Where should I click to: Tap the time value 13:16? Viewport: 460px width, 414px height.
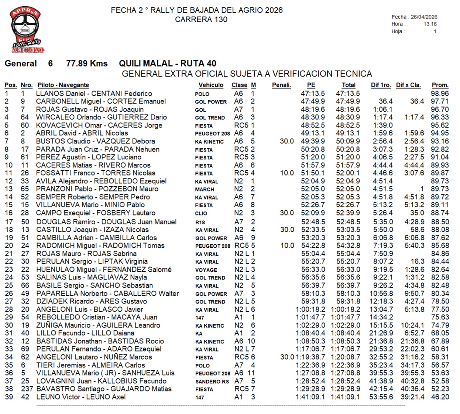pyautogui.click(x=430, y=24)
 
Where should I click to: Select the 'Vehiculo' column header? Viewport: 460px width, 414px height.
pyautogui.click(x=211, y=85)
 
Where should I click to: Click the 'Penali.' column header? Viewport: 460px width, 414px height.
pyautogui.click(x=281, y=85)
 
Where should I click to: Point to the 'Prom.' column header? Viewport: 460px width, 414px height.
pyautogui.click(x=440, y=85)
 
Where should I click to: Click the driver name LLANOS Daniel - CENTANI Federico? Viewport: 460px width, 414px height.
pyautogui.click(x=94, y=94)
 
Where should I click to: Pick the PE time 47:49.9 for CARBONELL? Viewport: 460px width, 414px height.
pyautogui.click(x=313, y=101)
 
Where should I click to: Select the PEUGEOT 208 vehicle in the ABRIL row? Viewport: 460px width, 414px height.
pyautogui.click(x=212, y=133)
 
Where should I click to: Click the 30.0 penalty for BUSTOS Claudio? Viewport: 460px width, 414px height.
pyautogui.click(x=287, y=141)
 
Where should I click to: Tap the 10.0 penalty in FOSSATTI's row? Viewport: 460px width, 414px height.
pyautogui.click(x=287, y=173)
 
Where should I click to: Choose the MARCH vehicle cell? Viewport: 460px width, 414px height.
pyautogui.click(x=205, y=189)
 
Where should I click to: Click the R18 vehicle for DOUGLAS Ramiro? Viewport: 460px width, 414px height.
pyautogui.click(x=200, y=222)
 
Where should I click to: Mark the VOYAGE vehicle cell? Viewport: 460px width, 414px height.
pyautogui.click(x=206, y=270)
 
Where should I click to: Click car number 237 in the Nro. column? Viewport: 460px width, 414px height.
pyautogui.click(x=27, y=389)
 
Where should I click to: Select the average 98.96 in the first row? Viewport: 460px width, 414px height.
pyautogui.click(x=440, y=94)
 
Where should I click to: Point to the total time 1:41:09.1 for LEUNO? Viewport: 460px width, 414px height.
pyautogui.click(x=345, y=397)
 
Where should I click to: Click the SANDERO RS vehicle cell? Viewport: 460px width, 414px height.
pyautogui.click(x=212, y=381)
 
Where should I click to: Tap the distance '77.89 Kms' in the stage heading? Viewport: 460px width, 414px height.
pyautogui.click(x=87, y=64)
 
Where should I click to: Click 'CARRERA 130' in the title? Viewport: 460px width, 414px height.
pyautogui.click(x=201, y=20)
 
